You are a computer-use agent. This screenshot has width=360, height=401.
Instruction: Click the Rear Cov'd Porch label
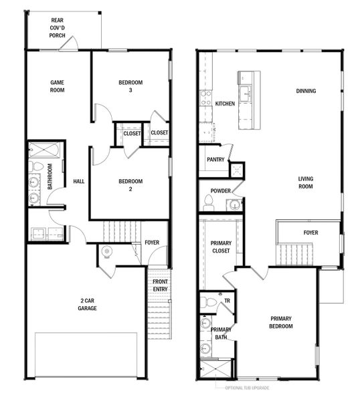tap(58, 28)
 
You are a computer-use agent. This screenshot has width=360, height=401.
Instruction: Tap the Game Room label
tap(58, 86)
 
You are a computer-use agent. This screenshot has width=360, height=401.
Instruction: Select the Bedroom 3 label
tap(130, 86)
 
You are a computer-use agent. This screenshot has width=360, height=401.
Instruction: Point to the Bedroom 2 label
tap(130, 185)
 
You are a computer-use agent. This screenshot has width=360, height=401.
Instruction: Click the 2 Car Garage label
tap(87, 305)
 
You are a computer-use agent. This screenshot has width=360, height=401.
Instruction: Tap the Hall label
tap(78, 181)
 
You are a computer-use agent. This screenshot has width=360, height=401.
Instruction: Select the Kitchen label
tap(225, 104)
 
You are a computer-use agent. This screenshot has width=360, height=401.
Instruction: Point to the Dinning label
tap(306, 91)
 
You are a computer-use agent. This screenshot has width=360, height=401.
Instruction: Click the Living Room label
tap(306, 182)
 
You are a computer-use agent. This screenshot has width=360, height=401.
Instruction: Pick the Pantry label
tap(215, 160)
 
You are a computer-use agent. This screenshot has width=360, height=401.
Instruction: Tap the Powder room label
tap(220, 190)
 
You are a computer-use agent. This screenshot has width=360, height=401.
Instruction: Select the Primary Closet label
tap(220, 247)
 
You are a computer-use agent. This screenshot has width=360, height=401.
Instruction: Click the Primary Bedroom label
tap(282, 322)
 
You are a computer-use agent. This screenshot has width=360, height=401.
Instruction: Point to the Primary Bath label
tap(221, 333)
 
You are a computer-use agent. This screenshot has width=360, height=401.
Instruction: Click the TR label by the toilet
tap(227, 301)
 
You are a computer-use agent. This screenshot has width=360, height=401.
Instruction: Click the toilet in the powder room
tap(209, 205)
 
